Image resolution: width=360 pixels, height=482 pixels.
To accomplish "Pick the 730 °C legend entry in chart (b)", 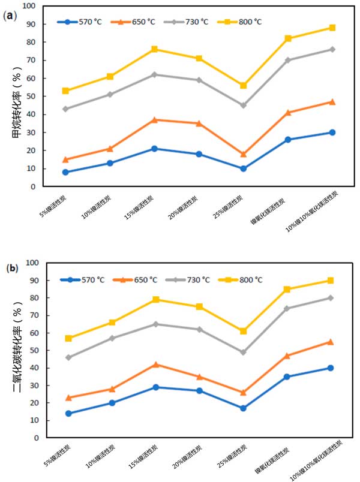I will point(190,280).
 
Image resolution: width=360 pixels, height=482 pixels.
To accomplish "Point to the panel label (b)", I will point(11,268).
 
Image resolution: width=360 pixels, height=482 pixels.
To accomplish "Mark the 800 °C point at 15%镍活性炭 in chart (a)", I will point(154,49).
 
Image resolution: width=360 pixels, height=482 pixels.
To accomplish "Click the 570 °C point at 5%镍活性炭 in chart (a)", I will point(65,172).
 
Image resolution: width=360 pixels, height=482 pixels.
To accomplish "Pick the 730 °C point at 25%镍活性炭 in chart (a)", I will point(243,105).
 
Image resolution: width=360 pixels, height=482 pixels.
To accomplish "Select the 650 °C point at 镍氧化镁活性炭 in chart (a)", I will point(287,112).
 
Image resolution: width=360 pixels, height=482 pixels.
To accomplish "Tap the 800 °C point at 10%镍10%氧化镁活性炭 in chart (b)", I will point(331,281).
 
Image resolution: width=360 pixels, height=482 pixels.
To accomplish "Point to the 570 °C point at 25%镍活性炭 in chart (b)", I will point(243,408).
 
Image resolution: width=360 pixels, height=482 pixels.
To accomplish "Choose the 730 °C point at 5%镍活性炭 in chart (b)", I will point(68,357).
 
